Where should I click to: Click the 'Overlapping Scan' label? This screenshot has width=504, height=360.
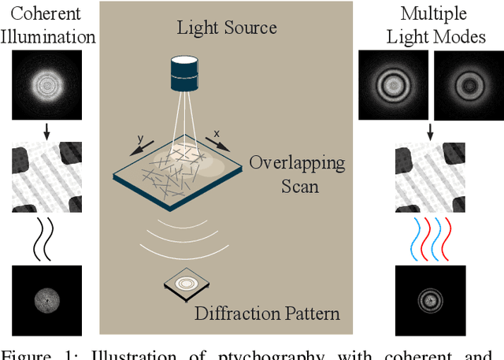[x=297, y=173]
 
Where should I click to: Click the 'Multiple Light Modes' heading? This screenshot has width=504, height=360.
[x=432, y=25]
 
